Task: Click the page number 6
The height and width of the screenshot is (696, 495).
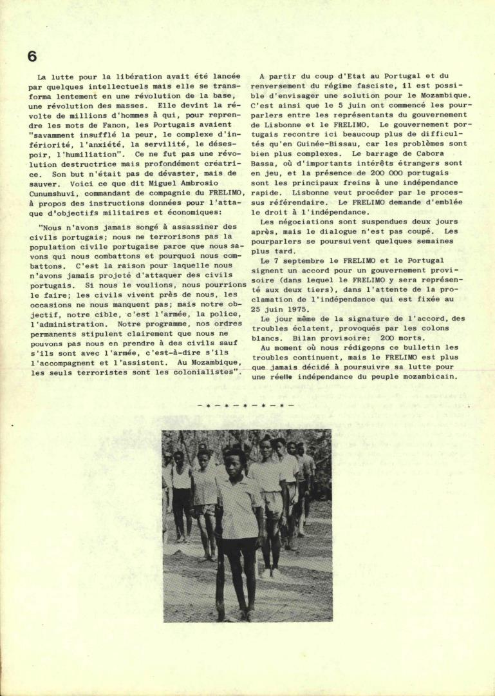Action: (32, 56)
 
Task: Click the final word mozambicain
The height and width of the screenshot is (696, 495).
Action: (429, 377)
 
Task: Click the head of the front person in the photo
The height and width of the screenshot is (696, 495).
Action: (234, 462)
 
